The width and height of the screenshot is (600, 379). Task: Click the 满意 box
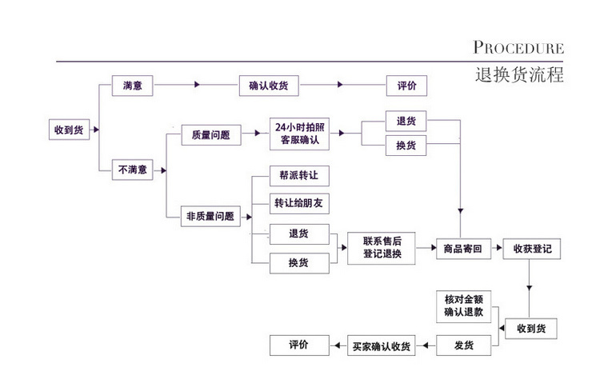coord(132,85)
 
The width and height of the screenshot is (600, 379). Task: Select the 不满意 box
coord(132,170)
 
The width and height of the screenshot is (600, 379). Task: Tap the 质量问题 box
coord(210,136)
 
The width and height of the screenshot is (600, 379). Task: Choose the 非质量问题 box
coord(210,215)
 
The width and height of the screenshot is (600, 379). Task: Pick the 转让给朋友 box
coord(298,203)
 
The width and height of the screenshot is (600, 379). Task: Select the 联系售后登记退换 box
coord(381,248)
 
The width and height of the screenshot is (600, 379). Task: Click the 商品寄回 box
coord(462,249)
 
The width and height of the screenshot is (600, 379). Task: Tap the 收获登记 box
coord(532,249)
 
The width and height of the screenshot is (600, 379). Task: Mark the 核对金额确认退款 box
coord(464,306)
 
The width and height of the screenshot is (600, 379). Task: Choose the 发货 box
coord(463,345)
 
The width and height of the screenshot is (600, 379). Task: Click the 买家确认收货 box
coord(381,346)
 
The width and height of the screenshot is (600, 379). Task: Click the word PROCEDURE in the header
coord(518,48)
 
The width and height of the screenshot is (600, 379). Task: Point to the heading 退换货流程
coord(518,76)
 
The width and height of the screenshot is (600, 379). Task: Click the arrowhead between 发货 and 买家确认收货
coord(425,346)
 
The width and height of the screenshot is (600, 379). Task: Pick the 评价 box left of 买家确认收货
coord(298,345)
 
